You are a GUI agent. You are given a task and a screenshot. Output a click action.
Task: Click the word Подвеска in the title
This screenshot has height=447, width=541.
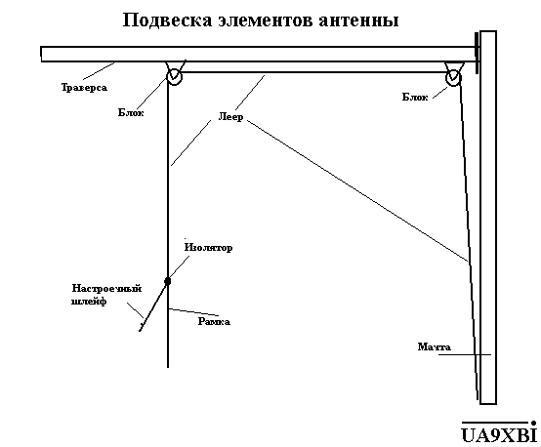[167, 20]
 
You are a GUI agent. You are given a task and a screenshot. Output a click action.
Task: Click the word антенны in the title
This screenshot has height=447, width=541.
[358, 20]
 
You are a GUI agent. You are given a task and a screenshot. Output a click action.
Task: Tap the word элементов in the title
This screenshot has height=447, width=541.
[265, 20]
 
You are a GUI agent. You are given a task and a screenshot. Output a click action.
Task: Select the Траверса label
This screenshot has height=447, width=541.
[84, 88]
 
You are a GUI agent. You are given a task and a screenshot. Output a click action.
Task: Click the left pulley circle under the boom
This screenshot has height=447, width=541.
[174, 76]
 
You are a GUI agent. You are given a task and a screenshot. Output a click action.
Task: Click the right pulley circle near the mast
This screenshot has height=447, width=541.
[453, 78]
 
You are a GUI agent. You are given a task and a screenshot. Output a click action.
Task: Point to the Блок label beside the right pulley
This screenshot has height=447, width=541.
[415, 97]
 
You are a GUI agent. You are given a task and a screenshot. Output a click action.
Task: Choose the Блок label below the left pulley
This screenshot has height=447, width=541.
[131, 112]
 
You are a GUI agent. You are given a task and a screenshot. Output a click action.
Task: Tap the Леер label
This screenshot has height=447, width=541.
[230, 117]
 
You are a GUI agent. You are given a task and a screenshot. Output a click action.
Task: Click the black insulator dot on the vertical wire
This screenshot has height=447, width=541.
[168, 281]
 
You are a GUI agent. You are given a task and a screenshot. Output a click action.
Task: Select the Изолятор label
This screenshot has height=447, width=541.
[208, 248]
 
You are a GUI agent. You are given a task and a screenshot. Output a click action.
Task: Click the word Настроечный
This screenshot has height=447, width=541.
[106, 288]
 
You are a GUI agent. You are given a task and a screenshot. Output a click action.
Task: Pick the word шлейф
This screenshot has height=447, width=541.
[89, 302]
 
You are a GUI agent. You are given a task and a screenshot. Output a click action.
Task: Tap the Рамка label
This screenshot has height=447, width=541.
[214, 322]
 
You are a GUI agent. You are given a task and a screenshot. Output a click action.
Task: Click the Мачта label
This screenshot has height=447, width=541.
[434, 346]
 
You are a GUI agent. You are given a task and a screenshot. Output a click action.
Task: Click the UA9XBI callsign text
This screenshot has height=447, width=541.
[499, 434]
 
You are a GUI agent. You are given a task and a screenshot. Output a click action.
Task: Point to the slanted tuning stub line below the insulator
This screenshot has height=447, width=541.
[153, 306]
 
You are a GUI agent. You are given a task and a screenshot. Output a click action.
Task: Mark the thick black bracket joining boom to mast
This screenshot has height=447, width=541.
[477, 53]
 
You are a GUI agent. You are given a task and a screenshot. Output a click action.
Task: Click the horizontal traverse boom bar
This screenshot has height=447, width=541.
[258, 54]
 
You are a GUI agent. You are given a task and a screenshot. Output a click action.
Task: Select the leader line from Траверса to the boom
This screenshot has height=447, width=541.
[99, 71]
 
